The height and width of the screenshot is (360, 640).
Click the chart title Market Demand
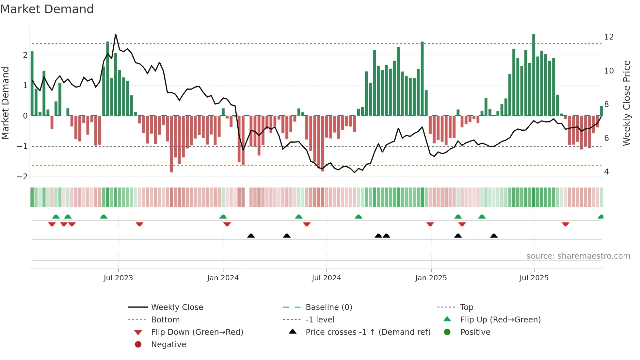pyautogui.click(x=47, y=9)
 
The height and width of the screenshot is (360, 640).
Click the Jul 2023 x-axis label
pyautogui.click(x=118, y=278)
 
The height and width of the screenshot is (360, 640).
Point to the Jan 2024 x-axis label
pyautogui.click(x=223, y=278)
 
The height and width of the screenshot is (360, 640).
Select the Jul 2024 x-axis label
pyautogui.click(x=326, y=278)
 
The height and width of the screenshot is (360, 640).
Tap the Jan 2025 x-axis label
pyautogui.click(x=431, y=278)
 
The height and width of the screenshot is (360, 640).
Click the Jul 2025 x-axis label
pyautogui.click(x=534, y=278)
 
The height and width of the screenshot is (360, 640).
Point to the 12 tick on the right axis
pyautogui.click(x=609, y=37)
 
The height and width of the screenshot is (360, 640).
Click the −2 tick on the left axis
pyautogui.click(x=22, y=177)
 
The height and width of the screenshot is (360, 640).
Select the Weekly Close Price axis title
pyautogui.click(x=626, y=103)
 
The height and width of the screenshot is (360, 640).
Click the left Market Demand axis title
pyautogui.click(x=6, y=103)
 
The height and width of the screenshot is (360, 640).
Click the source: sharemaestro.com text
pyautogui.click(x=578, y=256)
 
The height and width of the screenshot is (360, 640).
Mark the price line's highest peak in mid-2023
pyautogui.click(x=116, y=34)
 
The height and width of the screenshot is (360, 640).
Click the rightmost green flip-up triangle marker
pyautogui.click(x=600, y=217)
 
